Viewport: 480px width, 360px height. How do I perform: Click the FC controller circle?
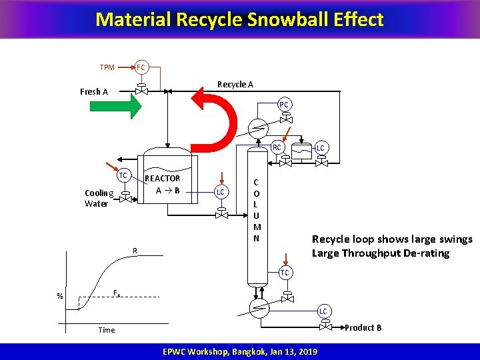[141, 67]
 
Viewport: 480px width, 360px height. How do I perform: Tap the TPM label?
[107, 67]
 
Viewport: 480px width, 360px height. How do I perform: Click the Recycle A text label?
[235, 84]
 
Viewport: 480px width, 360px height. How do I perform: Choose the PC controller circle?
[284, 105]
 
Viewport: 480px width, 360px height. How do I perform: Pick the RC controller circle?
[277, 147]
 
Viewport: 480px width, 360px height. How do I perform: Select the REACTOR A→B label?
[163, 184]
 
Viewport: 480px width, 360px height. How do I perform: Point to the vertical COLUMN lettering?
[257, 210]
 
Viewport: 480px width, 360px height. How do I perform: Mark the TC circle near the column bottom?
[285, 273]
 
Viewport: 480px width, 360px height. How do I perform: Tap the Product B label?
[363, 327]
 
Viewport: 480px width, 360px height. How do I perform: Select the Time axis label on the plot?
[107, 330]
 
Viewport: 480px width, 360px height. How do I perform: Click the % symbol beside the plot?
[60, 297]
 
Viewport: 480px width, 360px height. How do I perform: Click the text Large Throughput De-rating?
[381, 253]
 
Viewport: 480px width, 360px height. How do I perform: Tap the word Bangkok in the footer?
[251, 352]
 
